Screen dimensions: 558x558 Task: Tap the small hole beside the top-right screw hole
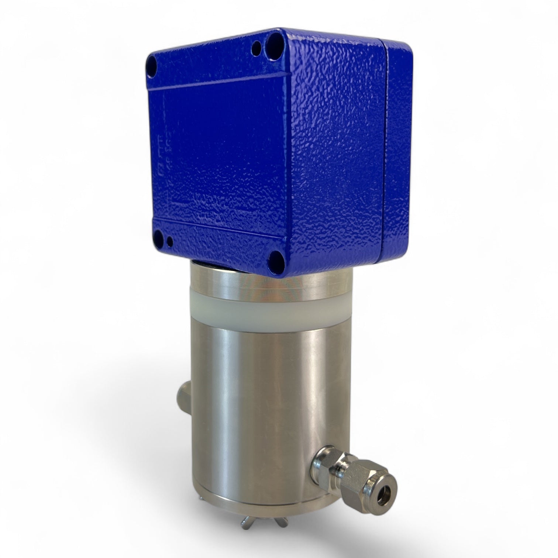click(x=255, y=48)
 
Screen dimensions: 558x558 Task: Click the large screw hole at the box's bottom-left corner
click(x=159, y=235)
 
